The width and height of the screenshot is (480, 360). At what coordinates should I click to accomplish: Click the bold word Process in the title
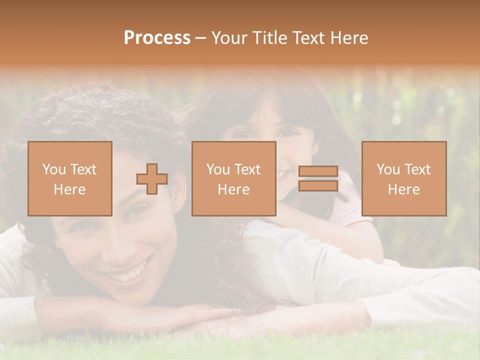(157, 38)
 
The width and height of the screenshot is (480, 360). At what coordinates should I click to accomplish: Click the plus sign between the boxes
(152, 179)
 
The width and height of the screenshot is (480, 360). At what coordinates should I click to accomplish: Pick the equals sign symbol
(318, 178)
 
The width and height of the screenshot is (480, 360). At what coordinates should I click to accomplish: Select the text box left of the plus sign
(70, 178)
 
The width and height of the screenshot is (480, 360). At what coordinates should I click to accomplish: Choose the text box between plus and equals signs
(233, 178)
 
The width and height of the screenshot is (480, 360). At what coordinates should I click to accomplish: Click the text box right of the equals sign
(403, 178)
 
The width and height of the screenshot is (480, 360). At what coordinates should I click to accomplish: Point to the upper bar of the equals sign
(318, 172)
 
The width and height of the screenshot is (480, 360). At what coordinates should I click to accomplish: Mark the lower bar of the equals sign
(318, 185)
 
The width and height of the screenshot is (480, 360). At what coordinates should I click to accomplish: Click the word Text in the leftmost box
(84, 169)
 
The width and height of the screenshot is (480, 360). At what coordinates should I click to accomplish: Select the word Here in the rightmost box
(403, 189)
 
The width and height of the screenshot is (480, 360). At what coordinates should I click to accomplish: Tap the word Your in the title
(228, 38)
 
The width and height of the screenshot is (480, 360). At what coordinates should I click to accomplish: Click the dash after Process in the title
(201, 38)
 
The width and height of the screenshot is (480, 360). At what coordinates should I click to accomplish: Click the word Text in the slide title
(307, 38)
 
